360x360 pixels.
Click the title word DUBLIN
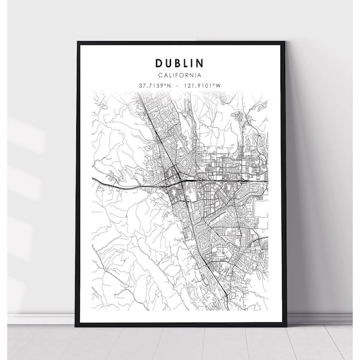tap(180, 63)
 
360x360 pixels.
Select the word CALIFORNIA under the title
tap(180, 75)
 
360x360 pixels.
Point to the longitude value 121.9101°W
tap(201, 85)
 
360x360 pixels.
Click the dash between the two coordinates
tap(176, 85)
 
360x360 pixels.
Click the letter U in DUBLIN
tap(169, 63)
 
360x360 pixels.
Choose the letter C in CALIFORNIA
tap(161, 75)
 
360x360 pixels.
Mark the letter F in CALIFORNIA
tap(179, 75)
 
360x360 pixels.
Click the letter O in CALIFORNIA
tap(184, 75)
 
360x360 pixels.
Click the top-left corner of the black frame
tap(76, 42)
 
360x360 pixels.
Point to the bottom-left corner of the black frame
tap(76, 326)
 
